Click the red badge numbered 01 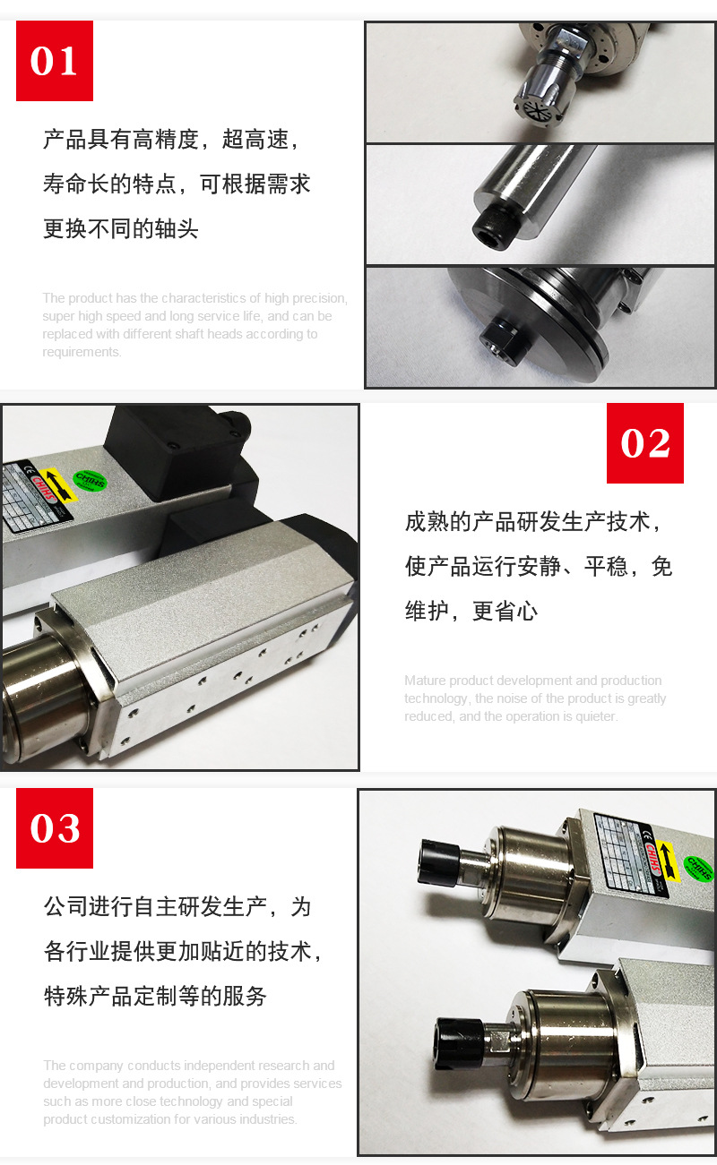(55, 61)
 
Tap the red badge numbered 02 (644, 443)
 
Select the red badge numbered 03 (55, 828)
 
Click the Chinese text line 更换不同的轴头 (121, 228)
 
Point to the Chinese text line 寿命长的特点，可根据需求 (177, 184)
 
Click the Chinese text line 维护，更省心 (471, 611)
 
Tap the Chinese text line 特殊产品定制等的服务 (155, 995)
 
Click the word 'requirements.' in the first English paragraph (82, 352)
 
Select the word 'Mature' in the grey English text (425, 681)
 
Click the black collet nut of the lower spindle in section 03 (456, 1044)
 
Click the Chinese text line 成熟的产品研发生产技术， (534, 521)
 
